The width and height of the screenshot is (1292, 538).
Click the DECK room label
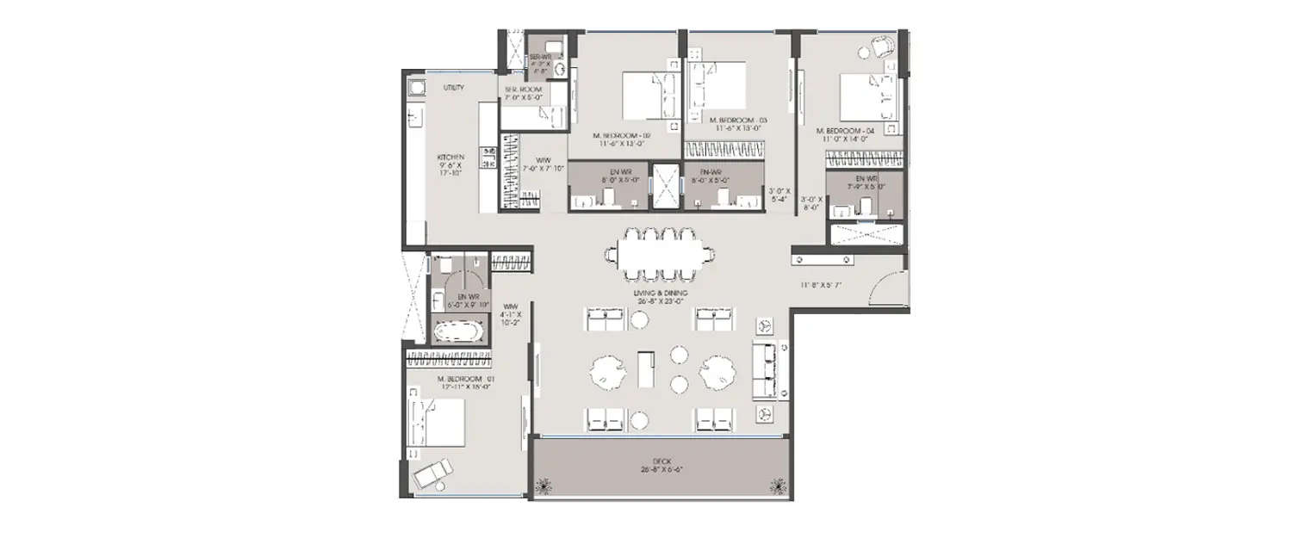click(x=662, y=464)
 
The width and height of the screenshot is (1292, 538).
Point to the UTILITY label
click(x=454, y=88)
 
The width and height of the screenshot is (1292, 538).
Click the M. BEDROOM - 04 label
click(x=845, y=131)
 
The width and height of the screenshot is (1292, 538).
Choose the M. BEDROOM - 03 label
click(x=737, y=121)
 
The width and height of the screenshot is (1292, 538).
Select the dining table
click(x=660, y=254)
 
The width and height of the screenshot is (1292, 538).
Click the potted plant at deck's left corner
click(x=544, y=486)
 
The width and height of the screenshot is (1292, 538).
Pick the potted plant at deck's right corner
click(x=779, y=486)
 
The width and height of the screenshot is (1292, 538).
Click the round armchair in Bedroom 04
click(x=881, y=47)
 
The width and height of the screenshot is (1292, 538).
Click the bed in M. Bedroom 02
click(x=646, y=95)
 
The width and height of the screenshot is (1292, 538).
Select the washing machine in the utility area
click(x=415, y=86)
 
